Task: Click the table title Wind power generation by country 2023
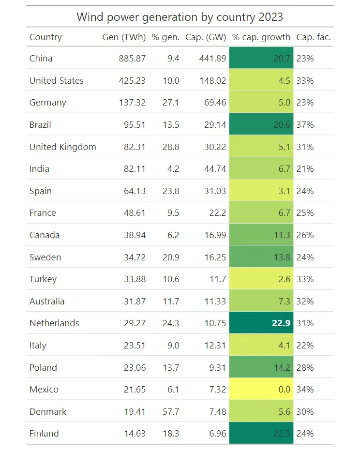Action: (x=180, y=17)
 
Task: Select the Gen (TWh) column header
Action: (x=124, y=37)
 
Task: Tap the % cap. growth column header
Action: (x=261, y=37)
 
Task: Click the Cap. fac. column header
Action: (x=314, y=37)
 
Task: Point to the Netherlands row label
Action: (x=54, y=323)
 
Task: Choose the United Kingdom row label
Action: (x=63, y=147)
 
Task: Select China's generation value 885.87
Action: (x=132, y=59)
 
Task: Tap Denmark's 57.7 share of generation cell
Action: (x=171, y=412)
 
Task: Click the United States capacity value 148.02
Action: (x=212, y=81)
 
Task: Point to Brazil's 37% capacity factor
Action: (x=305, y=125)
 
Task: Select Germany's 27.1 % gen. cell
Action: (x=171, y=103)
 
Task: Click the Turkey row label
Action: (x=43, y=279)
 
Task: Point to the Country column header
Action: (x=45, y=37)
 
